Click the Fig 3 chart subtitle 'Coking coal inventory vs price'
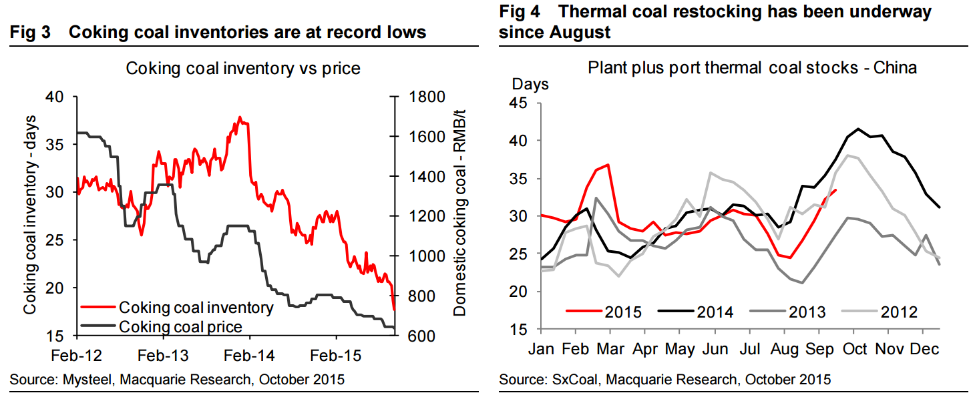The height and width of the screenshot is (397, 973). [243, 68]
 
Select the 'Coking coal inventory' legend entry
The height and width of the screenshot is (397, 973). [195, 308]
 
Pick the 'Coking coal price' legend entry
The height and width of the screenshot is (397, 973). [180, 326]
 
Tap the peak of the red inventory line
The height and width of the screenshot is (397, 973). [239, 117]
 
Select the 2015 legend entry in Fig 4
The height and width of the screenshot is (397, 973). [624, 312]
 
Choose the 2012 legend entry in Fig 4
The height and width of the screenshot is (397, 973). [899, 312]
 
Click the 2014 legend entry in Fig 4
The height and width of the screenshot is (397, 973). [715, 312]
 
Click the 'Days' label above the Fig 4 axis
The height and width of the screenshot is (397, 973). [530, 85]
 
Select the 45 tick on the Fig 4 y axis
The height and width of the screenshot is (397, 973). [518, 103]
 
